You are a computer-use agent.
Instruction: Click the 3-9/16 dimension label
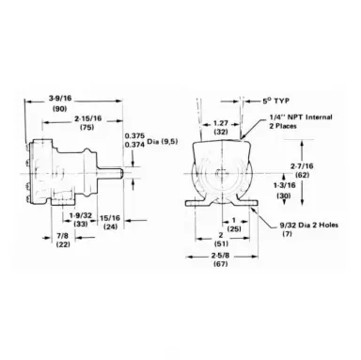(x=60, y=99)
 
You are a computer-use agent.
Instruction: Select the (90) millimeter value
(x=59, y=109)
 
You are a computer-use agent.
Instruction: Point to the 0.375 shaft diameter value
(x=134, y=136)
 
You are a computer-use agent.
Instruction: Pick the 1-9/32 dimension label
(x=80, y=215)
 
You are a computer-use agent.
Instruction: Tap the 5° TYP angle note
(x=275, y=101)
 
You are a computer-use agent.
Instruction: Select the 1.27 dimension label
(x=221, y=123)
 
